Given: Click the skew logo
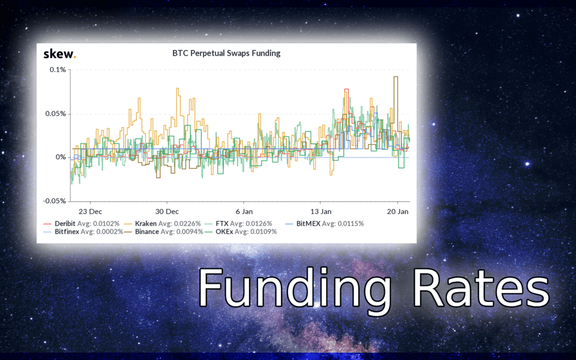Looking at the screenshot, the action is point(60,54).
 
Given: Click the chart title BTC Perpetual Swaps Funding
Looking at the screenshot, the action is point(226,53).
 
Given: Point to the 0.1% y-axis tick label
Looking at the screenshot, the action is point(58,69).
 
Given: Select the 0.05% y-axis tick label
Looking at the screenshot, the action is point(56,114).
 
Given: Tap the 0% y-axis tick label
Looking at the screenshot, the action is point(61,157).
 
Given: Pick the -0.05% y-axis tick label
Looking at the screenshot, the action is point(55,201).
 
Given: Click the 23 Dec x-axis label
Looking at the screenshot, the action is point(90,211).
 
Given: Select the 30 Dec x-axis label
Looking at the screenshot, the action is point(167,211).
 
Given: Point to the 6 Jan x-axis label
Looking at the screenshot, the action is point(244,211).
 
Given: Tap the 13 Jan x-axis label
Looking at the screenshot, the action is point(321,211).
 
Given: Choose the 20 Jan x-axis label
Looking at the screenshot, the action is point(397,211).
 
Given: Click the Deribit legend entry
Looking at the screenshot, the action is point(82,223).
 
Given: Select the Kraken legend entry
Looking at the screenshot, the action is point(162,223).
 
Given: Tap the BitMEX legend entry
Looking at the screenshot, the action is point(325,223).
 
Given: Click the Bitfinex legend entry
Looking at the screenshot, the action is point(83,232).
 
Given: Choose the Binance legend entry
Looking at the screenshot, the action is point(164,232).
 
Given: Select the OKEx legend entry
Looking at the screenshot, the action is point(241,232).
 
